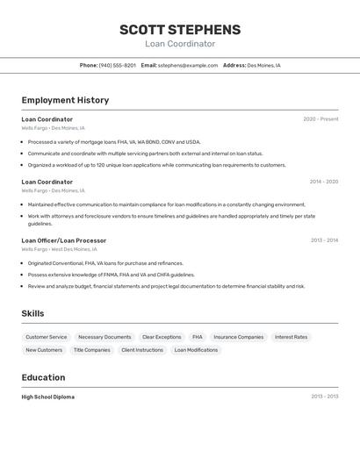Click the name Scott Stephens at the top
tap(180, 29)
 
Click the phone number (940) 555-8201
tap(117, 65)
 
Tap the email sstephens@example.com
tap(188, 65)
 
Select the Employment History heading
tap(65, 100)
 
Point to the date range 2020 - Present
tap(320, 119)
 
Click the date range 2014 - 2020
tap(324, 182)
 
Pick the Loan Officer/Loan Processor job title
tap(64, 240)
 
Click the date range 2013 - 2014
tap(324, 240)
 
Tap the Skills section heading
tap(33, 313)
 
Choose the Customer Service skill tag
tap(47, 337)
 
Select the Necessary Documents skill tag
tap(104, 337)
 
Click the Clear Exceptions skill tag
tap(162, 337)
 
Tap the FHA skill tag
tap(198, 337)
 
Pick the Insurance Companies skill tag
tap(239, 337)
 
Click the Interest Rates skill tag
tap(292, 337)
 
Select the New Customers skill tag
tap(44, 350)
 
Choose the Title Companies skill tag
tap(92, 350)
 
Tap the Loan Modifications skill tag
tap(196, 350)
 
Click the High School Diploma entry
tap(48, 397)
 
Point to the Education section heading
tap(43, 377)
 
